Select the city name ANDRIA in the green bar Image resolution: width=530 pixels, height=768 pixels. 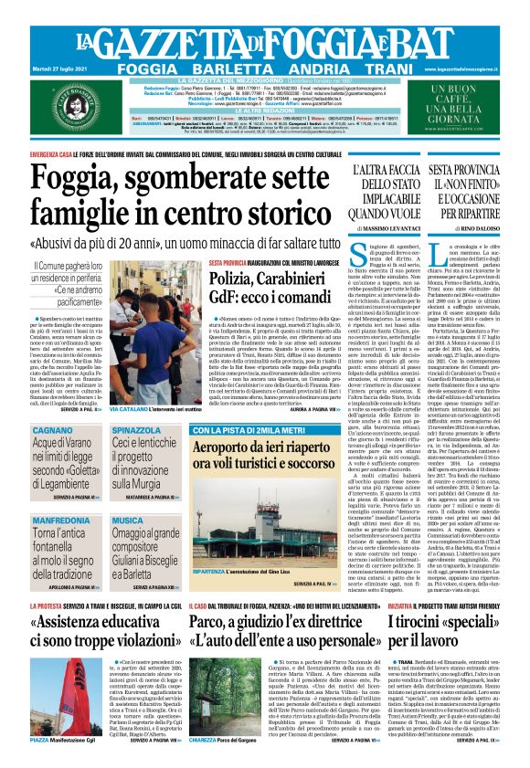click(306, 68)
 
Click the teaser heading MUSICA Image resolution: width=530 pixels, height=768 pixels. click(128, 520)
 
